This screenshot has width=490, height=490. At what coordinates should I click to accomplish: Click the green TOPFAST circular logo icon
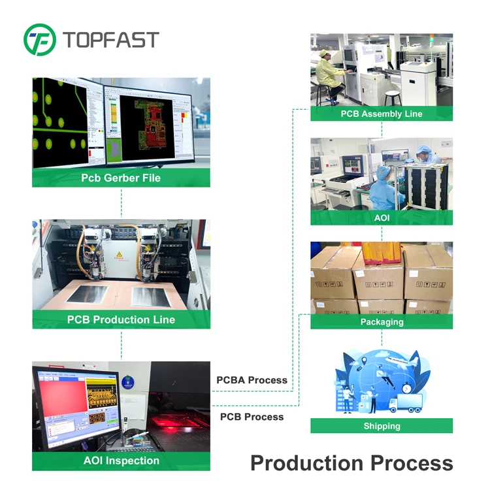click(40, 39)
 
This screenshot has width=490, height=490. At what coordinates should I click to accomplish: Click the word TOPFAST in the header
click(111, 39)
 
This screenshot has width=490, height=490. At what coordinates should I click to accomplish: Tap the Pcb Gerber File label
click(121, 178)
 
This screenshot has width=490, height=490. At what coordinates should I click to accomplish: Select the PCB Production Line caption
click(121, 319)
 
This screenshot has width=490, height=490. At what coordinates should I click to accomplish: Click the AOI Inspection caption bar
click(121, 461)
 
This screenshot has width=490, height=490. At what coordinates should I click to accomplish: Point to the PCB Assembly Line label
click(382, 114)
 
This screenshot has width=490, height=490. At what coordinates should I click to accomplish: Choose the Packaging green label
click(382, 321)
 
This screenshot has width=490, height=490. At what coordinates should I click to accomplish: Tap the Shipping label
click(382, 426)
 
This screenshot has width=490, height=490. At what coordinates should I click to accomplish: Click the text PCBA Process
click(252, 380)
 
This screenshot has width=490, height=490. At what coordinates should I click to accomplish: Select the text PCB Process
click(252, 417)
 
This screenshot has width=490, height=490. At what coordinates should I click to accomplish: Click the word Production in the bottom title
click(307, 463)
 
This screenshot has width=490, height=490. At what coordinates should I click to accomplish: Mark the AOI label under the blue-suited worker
click(382, 217)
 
